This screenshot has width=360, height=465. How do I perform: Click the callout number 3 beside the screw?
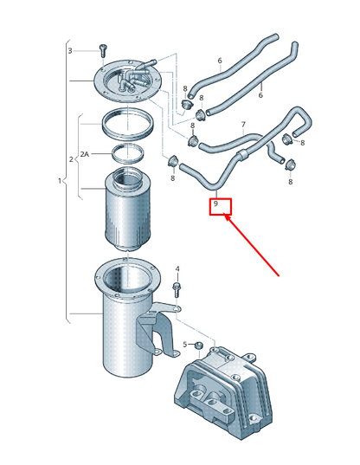click(70, 51)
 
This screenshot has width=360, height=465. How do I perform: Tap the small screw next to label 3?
click(103, 51)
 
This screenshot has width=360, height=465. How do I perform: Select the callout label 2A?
click(85, 154)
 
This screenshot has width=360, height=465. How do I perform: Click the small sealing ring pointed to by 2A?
click(128, 152)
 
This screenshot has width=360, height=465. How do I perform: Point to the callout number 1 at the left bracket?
click(60, 181)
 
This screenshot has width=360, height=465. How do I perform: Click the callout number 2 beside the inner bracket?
click(71, 159)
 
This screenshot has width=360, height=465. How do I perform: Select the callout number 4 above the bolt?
click(177, 269)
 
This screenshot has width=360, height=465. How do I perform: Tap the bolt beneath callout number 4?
click(176, 290)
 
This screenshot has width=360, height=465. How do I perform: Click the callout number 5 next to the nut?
click(185, 345)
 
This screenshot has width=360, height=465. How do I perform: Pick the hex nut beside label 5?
click(198, 346)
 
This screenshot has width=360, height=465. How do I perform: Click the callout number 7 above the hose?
click(243, 125)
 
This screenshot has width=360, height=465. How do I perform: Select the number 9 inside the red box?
click(215, 203)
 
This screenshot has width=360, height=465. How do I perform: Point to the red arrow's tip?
click(225, 216)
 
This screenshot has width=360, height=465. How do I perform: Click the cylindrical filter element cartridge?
click(127, 210)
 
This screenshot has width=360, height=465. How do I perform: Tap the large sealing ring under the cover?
click(128, 125)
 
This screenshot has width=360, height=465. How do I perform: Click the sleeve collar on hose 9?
click(242, 154)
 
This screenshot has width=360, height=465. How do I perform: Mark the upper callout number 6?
click(220, 61)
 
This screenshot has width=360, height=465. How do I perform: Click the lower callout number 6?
click(260, 95)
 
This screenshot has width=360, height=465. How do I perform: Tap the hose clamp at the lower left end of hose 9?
click(172, 162)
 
